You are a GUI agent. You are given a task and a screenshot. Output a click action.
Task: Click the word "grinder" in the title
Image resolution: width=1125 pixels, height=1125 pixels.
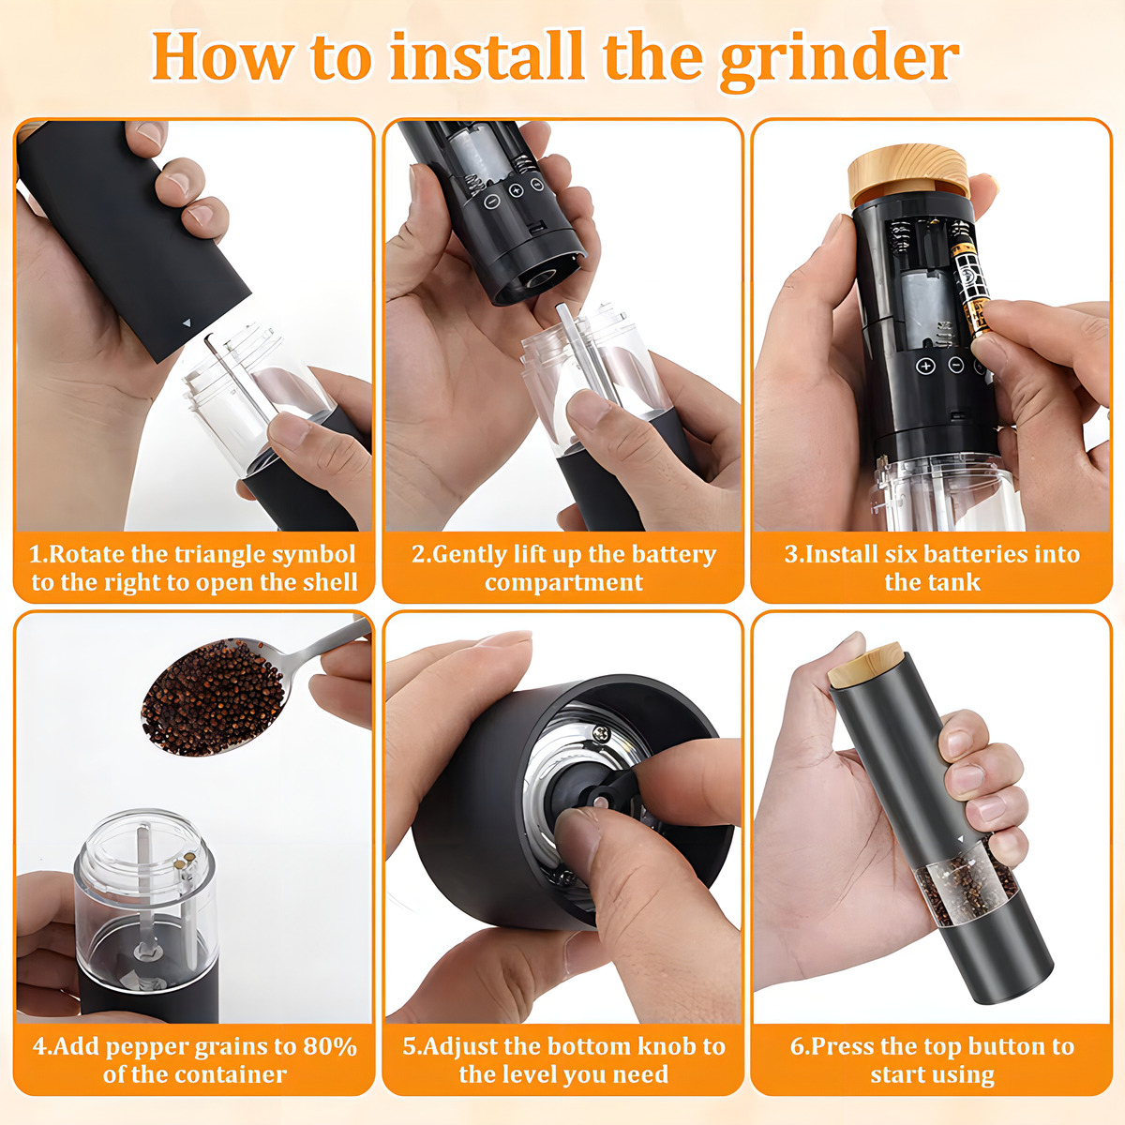[838, 60]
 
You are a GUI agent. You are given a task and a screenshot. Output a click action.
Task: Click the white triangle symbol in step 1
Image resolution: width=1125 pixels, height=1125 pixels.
[187, 322]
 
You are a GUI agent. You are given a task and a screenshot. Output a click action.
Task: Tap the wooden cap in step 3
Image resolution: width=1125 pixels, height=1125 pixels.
[908, 174]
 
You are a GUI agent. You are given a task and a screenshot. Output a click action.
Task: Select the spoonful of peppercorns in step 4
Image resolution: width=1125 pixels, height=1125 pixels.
[214, 697]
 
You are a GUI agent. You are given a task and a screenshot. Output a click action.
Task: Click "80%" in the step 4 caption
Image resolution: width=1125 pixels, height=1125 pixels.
[330, 1047]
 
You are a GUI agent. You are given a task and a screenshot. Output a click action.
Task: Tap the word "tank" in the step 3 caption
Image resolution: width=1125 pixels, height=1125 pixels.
[954, 582]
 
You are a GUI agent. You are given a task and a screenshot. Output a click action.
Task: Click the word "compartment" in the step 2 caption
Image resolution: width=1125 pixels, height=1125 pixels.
[563, 583]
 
